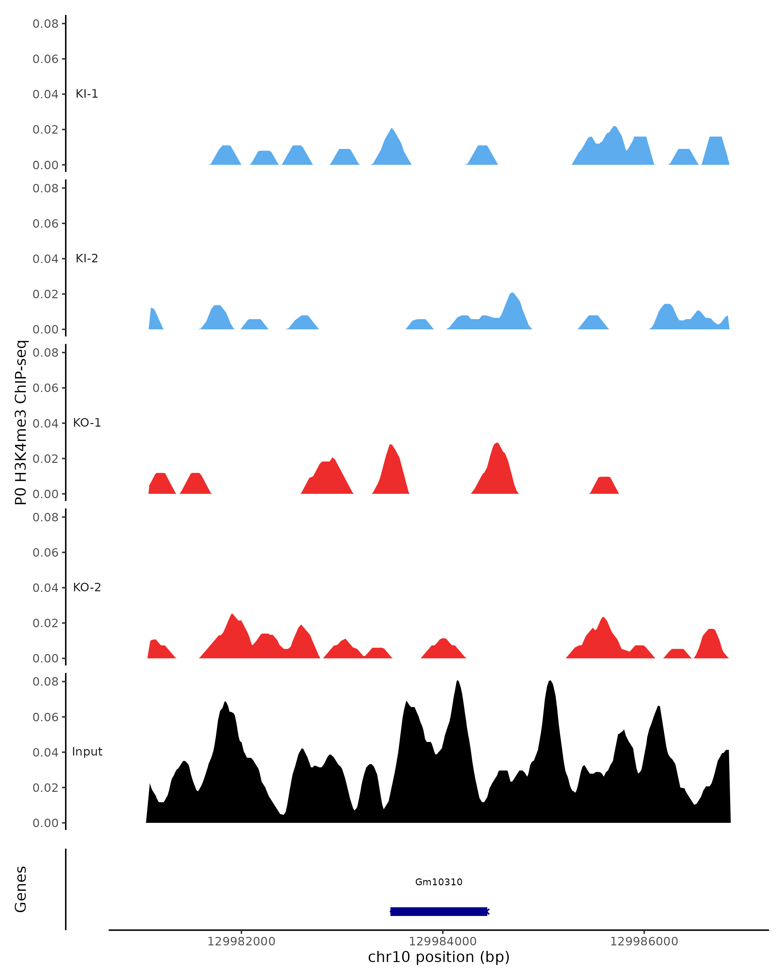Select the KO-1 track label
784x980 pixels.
pos(87,423)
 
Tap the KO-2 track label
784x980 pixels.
pos(87,587)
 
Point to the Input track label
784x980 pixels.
pos(87,752)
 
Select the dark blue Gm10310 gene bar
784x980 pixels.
pos(439,911)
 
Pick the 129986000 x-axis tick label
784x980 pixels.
pos(644,942)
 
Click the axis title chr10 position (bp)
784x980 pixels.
pos(439,957)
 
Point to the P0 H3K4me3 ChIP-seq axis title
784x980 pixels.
pos(21,423)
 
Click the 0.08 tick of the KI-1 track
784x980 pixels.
pos(45,24)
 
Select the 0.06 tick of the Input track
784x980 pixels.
pos(45,717)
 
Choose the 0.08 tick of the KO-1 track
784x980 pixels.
pos(45,353)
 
